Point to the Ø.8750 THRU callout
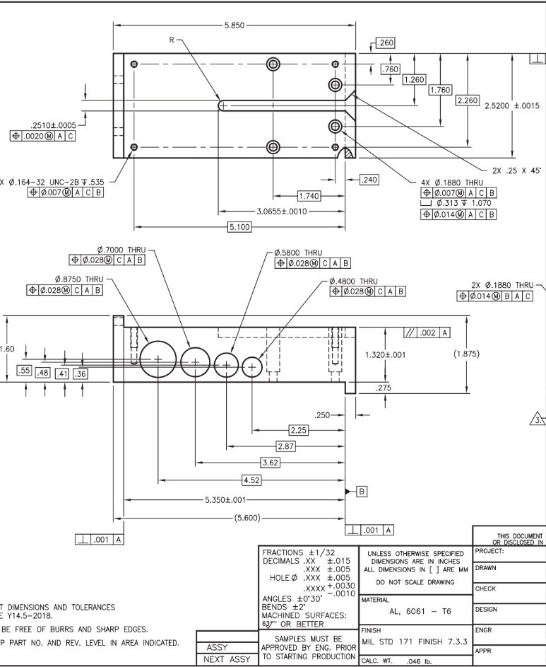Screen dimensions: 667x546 tap(74, 279)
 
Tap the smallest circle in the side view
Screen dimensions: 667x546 tap(252, 366)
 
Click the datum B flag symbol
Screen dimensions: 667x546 tap(361, 490)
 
